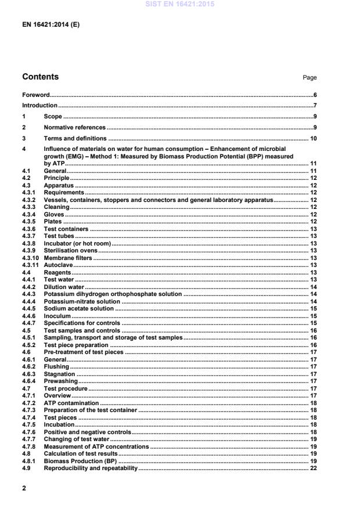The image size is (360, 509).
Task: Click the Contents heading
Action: pyautogui.click(x=40, y=77)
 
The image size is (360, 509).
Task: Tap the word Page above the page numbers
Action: pyautogui.click(x=309, y=77)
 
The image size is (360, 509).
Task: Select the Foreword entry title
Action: pyautogui.click(x=35, y=95)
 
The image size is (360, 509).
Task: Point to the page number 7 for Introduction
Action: pyautogui.click(x=314, y=106)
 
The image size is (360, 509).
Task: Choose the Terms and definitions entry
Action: pyautogui.click(x=75, y=139)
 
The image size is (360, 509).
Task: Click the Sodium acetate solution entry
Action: pyautogui.click(x=78, y=309)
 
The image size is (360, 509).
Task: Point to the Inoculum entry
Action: pyautogui.click(x=57, y=316)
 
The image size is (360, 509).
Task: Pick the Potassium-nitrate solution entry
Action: pyautogui.click(x=82, y=301)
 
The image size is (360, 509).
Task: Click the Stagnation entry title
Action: pyautogui.click(x=60, y=374)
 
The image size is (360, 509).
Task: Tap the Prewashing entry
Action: pyautogui.click(x=60, y=381)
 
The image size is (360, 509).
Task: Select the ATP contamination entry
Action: pyautogui.click(x=71, y=403)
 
